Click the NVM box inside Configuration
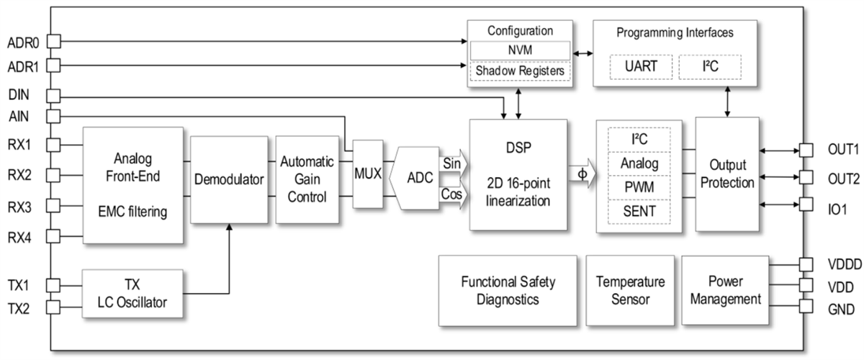click(519, 50)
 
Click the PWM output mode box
click(639, 186)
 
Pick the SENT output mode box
click(639, 211)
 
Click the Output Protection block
click(726, 174)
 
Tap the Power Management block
click(721, 289)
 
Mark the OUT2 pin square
click(805, 177)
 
